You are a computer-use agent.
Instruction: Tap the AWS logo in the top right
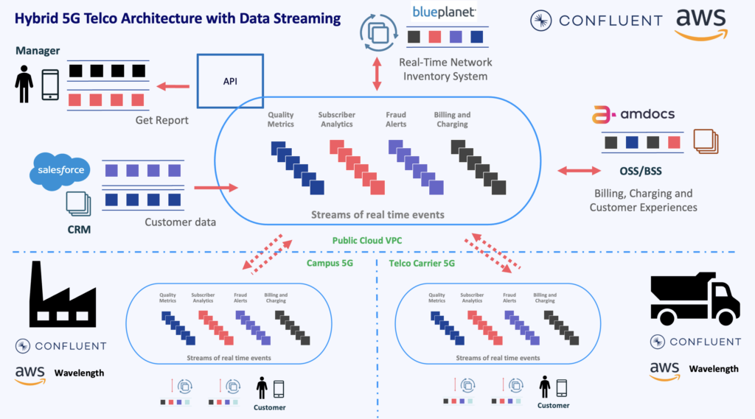coord(701,22)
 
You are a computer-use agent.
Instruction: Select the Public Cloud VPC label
coord(367,240)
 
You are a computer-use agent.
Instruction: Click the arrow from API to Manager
coord(174,87)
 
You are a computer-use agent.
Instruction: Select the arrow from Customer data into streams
coord(209,188)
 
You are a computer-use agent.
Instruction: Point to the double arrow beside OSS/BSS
coord(579,171)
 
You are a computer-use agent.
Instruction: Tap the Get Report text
coord(162,120)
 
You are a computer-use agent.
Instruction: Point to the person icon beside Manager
coord(24,85)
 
